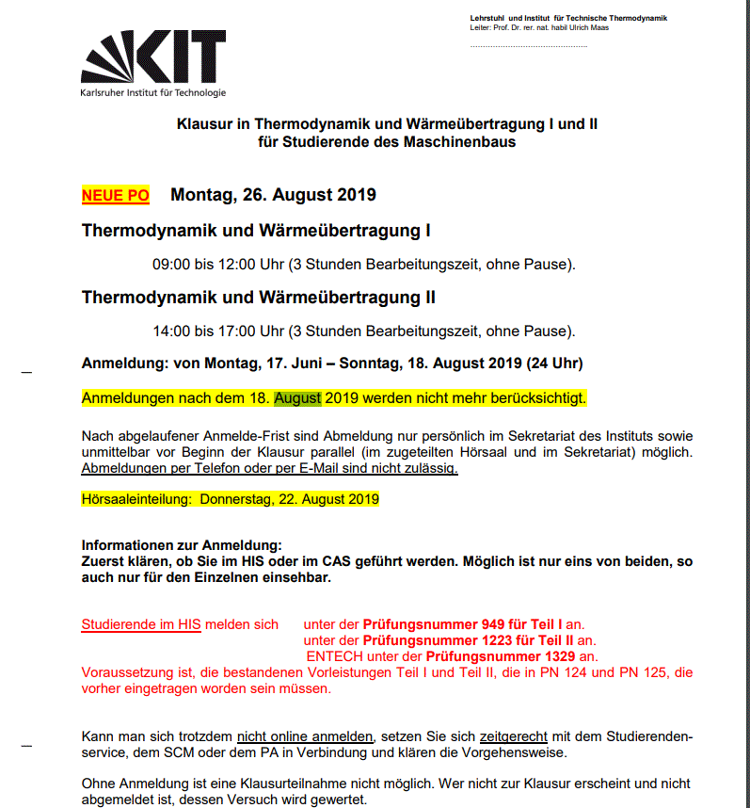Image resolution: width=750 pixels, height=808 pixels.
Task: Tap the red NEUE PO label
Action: (x=116, y=195)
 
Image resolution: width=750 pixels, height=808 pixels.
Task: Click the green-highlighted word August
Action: (x=297, y=398)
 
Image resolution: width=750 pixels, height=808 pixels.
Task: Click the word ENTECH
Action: (x=334, y=656)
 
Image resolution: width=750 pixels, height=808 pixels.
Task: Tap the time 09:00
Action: (x=171, y=264)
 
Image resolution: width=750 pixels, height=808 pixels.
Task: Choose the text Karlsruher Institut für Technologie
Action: (x=153, y=92)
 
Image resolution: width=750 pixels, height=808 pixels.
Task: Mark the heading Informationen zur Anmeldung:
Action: (x=182, y=546)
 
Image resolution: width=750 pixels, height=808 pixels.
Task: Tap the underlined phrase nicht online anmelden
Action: (x=305, y=735)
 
